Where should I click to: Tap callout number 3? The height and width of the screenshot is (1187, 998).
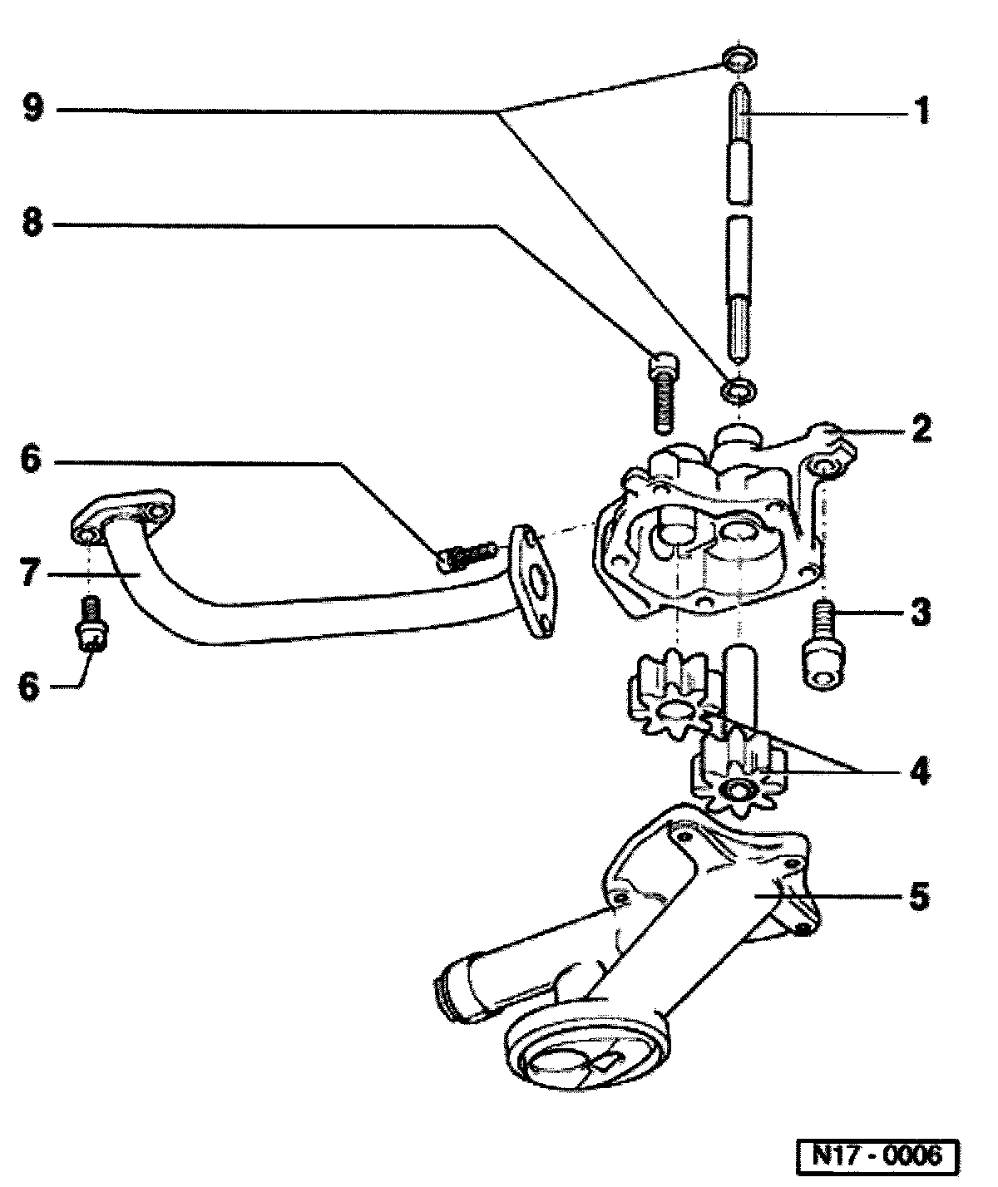920,614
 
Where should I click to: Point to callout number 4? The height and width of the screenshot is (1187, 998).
920,771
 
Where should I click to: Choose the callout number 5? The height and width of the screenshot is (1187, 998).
920,898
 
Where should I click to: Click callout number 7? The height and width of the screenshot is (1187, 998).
31,574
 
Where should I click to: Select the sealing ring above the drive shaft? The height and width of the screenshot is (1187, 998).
739,60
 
